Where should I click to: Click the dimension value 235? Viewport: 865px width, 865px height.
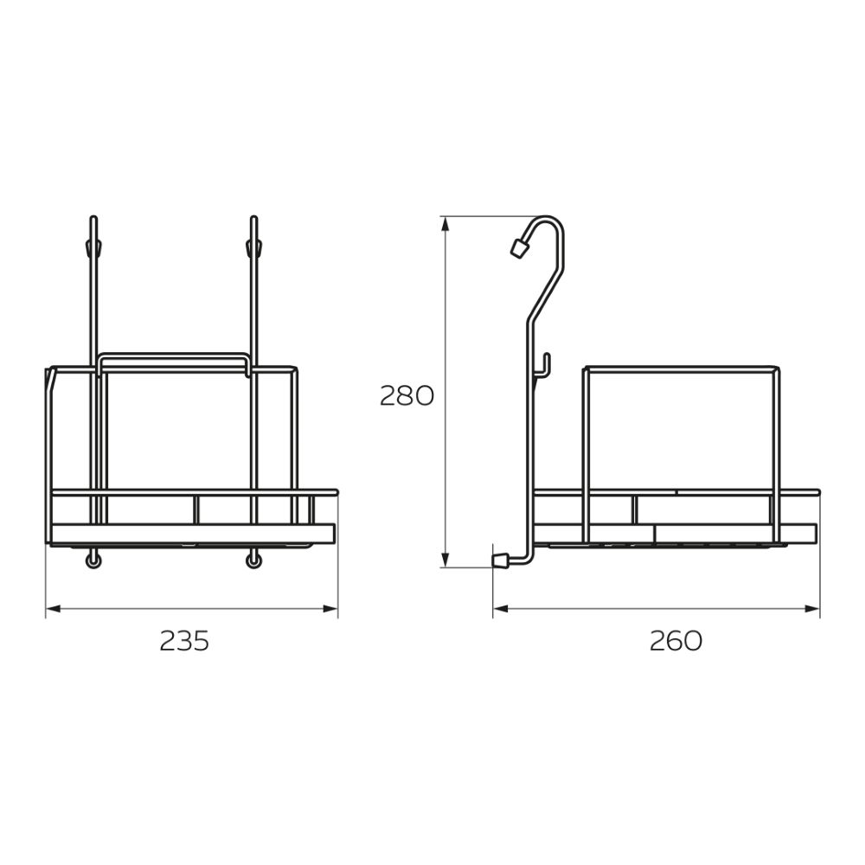(x=184, y=641)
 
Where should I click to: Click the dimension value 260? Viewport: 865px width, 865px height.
(x=676, y=641)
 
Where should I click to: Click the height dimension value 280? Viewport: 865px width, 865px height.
(x=407, y=396)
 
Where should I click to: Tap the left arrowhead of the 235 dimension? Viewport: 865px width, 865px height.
(x=53, y=609)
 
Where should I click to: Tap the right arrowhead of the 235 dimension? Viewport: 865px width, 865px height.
(x=330, y=609)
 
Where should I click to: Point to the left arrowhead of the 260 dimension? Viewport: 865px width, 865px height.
(x=500, y=609)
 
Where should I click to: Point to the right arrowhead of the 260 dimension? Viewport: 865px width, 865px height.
(x=812, y=609)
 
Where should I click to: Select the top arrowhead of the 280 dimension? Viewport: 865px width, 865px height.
(x=445, y=224)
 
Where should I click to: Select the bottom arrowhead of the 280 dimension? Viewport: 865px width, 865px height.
(x=445, y=560)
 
